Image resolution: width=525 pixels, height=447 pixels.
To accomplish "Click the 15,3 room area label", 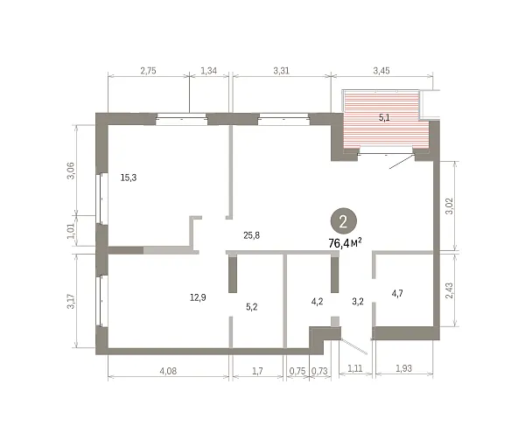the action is (x=129, y=178).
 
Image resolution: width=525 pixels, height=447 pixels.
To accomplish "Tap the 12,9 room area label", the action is (x=198, y=297).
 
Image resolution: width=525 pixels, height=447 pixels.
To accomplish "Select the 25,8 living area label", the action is (x=251, y=235).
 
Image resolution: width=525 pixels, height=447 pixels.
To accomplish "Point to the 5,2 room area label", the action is (x=251, y=307).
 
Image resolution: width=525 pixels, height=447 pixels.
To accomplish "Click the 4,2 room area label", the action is (x=317, y=302).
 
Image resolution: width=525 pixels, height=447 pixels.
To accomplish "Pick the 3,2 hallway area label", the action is (x=358, y=302).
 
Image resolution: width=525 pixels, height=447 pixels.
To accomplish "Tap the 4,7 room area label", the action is (x=397, y=294).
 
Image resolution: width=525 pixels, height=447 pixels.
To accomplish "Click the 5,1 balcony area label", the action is (x=384, y=117).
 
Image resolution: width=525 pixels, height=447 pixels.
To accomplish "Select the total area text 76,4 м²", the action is (x=346, y=242).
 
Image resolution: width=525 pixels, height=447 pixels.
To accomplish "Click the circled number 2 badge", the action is (x=344, y=221).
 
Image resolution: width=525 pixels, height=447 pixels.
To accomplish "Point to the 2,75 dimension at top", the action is (x=148, y=71).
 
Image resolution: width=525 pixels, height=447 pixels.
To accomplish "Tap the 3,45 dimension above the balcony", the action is (x=381, y=71).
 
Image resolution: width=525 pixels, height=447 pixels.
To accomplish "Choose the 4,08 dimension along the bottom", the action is (x=168, y=371).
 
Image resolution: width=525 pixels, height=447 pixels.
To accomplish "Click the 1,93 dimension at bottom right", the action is (x=403, y=368).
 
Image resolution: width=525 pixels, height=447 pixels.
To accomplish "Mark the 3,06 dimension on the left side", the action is (x=72, y=171).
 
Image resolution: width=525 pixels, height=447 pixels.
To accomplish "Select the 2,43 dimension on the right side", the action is (x=450, y=291).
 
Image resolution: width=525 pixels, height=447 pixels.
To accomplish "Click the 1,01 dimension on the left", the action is (x=71, y=231).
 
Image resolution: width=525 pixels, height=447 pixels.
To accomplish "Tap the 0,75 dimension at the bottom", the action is (x=297, y=371).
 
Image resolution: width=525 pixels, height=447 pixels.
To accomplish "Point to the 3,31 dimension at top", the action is (x=281, y=71).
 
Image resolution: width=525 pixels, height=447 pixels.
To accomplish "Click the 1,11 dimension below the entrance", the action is (x=355, y=368).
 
